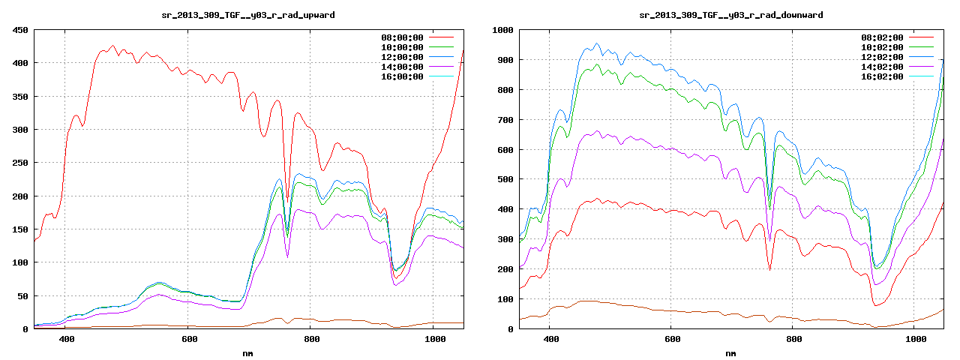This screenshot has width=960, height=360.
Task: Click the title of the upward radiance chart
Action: click(248, 15)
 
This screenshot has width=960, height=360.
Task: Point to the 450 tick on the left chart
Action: click(19, 30)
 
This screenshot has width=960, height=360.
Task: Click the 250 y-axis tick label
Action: click(19, 163)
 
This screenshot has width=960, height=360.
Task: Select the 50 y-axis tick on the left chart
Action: click(22, 296)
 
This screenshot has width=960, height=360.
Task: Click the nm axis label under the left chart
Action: click(248, 352)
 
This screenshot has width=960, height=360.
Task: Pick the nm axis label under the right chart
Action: click(730, 352)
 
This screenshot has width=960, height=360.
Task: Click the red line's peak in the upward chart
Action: click(112, 46)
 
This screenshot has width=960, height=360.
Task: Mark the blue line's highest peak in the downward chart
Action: click(597, 43)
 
